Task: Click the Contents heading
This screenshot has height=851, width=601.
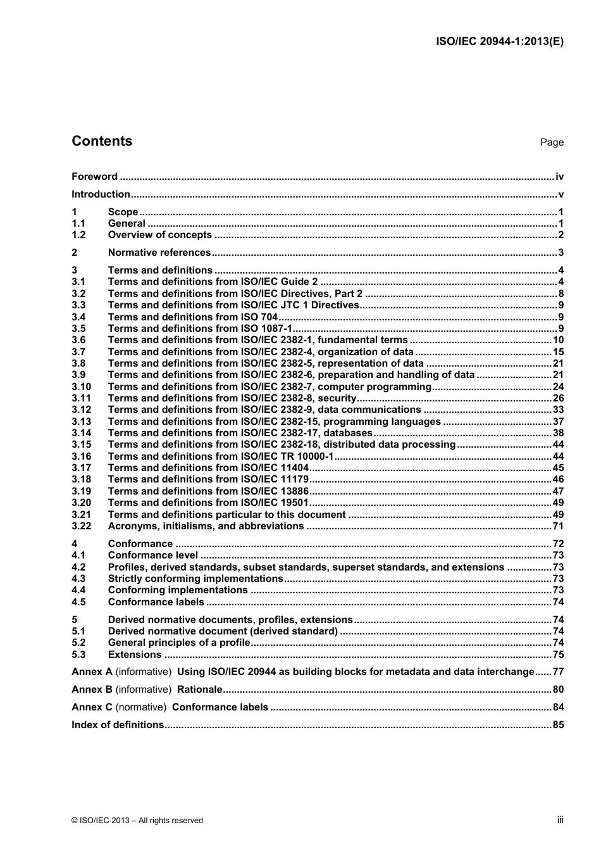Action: (102, 141)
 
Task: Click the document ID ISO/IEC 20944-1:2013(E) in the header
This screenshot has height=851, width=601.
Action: (500, 42)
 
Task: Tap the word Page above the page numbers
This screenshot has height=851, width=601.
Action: (552, 142)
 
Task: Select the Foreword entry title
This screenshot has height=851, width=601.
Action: (94, 177)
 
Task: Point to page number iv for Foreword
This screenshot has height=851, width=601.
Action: (559, 177)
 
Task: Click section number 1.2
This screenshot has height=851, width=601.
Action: (78, 235)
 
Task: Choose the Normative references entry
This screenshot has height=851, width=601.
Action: (159, 253)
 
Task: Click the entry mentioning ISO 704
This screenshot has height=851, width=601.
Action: (193, 317)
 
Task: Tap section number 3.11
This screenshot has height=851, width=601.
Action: (81, 398)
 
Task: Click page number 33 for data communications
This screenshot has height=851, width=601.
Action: (558, 410)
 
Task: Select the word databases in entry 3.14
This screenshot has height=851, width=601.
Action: (347, 433)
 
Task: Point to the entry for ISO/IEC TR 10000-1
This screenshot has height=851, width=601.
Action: (220, 457)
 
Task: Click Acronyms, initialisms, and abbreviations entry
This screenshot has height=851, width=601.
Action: (206, 526)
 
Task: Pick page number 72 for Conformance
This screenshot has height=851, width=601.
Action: (558, 544)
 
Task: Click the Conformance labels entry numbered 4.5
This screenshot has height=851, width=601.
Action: (156, 602)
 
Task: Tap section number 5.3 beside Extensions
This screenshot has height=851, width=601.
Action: (78, 655)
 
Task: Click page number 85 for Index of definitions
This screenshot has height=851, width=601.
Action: (558, 725)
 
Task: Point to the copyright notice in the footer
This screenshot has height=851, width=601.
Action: (137, 821)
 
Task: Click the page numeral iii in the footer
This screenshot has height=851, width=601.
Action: (560, 820)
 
